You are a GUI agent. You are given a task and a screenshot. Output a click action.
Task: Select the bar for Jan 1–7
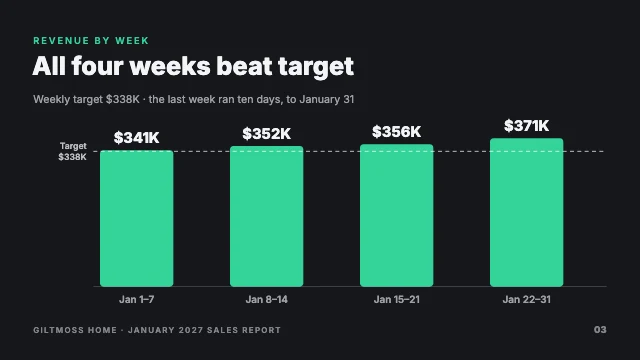pos(137,218)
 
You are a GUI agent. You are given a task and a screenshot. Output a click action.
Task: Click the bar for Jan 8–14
pos(267,216)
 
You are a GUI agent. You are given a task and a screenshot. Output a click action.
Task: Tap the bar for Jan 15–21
pos(396,215)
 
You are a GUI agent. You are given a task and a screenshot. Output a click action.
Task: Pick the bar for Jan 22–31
pos(527,212)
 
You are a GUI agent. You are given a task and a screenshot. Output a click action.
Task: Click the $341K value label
pos(137,138)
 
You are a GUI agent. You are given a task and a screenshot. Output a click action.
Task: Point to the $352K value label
pos(267,133)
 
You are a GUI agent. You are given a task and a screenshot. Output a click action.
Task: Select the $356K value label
pos(396,131)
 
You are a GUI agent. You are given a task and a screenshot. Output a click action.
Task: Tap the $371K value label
pos(527,125)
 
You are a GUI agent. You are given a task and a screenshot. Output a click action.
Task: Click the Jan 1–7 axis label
pos(137,300)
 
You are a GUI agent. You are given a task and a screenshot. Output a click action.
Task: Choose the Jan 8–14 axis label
pos(267,300)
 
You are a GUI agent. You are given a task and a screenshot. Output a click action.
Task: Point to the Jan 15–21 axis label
pos(396,300)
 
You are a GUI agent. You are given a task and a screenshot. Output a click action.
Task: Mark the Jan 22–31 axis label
pos(527,300)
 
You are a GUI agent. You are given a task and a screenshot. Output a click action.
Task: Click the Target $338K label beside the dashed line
pos(73,151)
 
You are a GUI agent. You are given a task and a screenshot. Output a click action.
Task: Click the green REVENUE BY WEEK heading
pos(91,41)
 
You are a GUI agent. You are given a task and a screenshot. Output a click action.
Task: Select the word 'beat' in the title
pos(244,66)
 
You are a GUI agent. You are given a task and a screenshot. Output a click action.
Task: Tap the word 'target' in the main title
pos(316,67)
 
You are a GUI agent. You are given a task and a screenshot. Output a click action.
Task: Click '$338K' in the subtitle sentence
pos(122,99)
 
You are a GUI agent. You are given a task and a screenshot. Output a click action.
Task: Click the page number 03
pos(600,330)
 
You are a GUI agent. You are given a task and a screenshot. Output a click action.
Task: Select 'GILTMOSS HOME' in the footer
pos(75,330)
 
